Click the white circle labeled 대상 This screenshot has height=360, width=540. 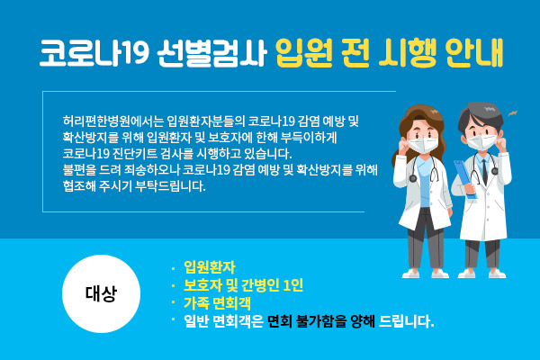[101, 293]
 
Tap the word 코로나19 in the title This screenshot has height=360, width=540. [94, 53]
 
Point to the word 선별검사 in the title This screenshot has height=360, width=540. [212, 53]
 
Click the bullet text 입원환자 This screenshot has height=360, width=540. [210, 267]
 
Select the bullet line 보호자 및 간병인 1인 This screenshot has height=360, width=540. [244, 285]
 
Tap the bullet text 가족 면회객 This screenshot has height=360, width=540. [217, 303]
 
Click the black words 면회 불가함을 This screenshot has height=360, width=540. [307, 321]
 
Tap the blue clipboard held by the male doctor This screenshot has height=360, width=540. [465, 179]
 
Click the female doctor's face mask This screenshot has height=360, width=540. [423, 144]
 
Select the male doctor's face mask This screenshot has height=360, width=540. [481, 141]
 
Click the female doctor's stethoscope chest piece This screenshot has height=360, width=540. [413, 178]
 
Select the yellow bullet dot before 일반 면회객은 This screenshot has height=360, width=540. [173, 319]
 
